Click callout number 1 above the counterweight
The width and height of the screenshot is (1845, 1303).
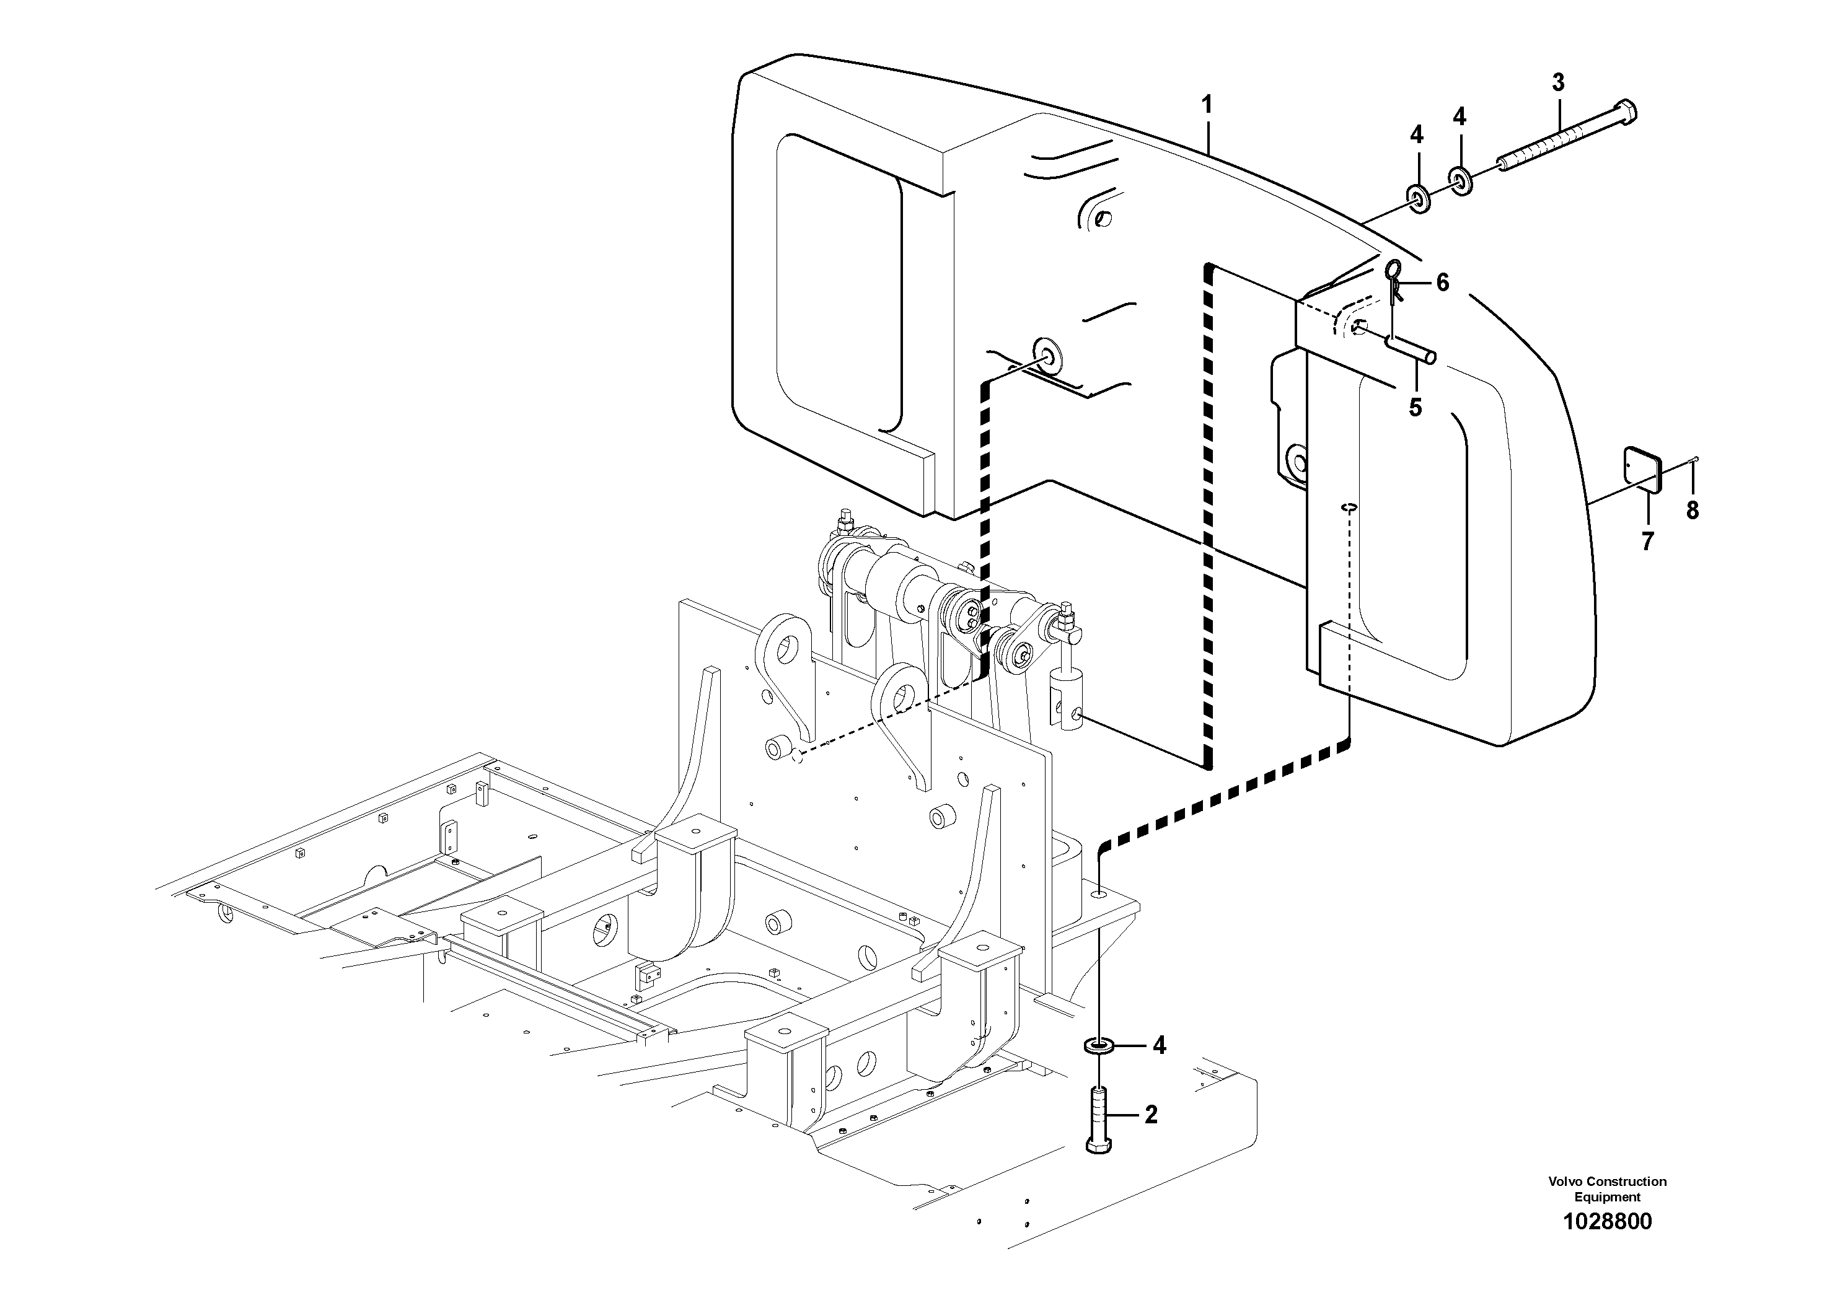[x=1206, y=105]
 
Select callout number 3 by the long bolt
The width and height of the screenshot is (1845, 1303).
[x=1558, y=82]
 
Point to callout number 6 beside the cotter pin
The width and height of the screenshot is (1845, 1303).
[x=1442, y=282]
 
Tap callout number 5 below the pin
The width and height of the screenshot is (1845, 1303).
[x=1415, y=407]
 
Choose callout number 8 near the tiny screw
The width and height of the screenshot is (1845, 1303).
[x=1693, y=510]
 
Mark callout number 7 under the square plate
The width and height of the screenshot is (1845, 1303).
[x=1647, y=542]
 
